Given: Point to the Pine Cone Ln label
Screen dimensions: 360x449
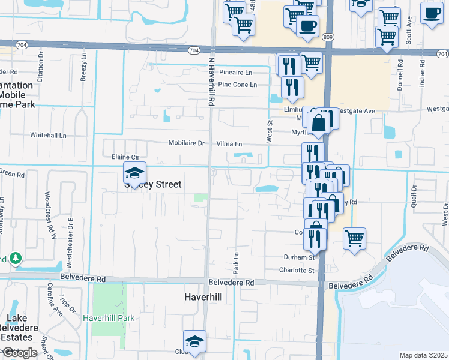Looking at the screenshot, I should click(x=238, y=85).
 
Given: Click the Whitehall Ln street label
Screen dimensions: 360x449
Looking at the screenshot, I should click(x=48, y=135).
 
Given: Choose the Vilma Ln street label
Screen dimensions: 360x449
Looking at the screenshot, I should click(x=229, y=144).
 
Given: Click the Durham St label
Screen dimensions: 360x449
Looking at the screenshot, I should click(x=300, y=257).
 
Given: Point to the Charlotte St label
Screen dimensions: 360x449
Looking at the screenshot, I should click(x=298, y=271).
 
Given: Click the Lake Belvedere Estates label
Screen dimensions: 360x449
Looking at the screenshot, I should click(x=19, y=329).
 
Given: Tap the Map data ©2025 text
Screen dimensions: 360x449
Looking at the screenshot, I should click(x=423, y=355).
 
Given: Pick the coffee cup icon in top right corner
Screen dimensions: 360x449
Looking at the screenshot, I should click(x=431, y=13).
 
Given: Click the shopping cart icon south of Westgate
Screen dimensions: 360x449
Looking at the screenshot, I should click(x=354, y=238).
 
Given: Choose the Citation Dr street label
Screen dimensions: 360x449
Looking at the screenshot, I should click(x=41, y=61).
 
